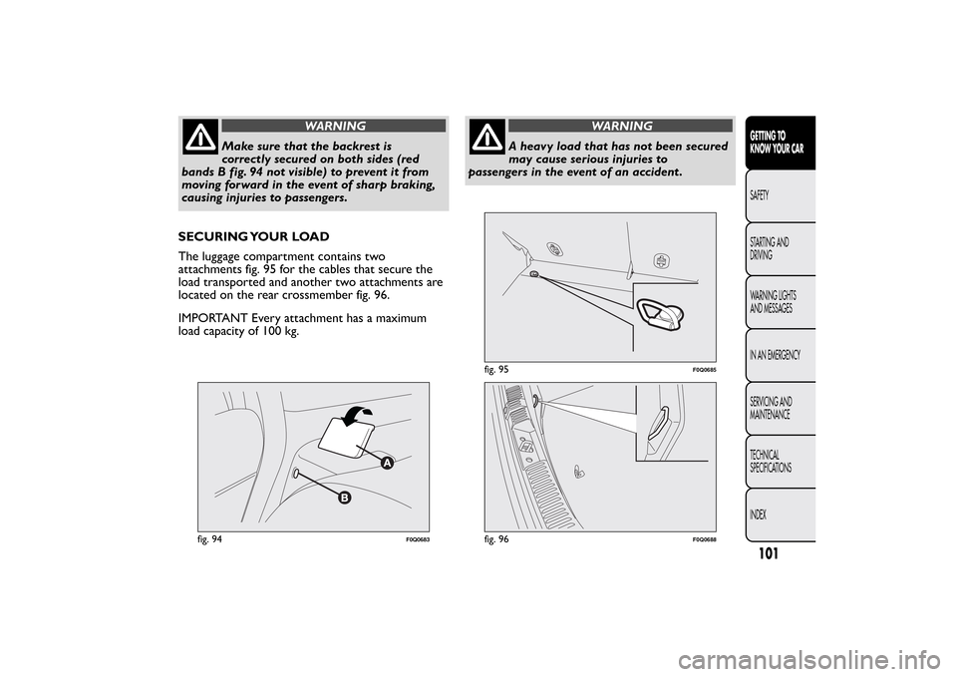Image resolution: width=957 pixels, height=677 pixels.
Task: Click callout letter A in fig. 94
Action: pyautogui.click(x=384, y=463)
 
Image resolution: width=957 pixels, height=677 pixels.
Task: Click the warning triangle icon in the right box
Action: pyautogui.click(x=488, y=137)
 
